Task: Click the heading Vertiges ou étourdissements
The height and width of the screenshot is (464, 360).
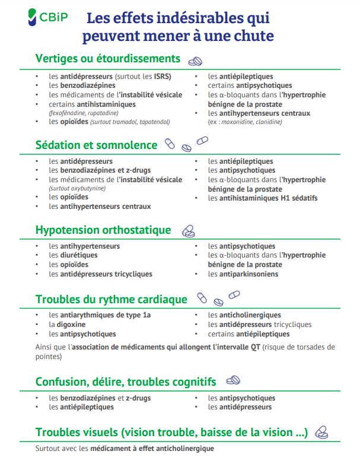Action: click(x=107, y=59)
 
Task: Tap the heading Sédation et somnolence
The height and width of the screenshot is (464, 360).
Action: click(x=96, y=145)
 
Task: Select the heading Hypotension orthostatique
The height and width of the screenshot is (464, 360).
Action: click(x=103, y=230)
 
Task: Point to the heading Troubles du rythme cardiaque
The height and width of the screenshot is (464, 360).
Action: click(x=111, y=300)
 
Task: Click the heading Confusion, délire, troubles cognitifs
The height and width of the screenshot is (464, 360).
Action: click(x=125, y=381)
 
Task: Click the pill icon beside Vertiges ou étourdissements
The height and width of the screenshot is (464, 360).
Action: click(x=195, y=61)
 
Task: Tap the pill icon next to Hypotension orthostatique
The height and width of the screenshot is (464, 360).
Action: click(x=188, y=230)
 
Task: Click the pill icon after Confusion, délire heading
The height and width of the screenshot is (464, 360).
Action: click(x=233, y=380)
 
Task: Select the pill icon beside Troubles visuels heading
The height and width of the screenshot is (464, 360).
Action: click(x=322, y=432)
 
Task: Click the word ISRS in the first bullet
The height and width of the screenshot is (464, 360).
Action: click(x=162, y=77)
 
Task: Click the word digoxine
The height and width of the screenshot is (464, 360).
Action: click(x=71, y=325)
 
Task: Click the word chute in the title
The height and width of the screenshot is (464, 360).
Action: click(x=253, y=36)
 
